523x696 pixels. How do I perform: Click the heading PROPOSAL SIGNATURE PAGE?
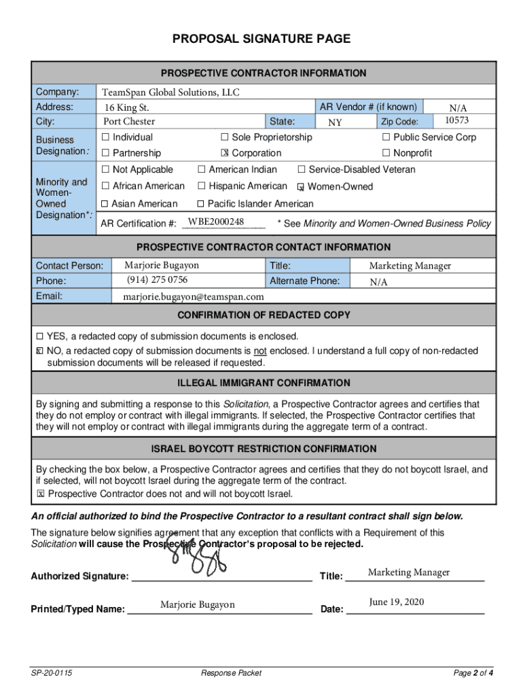[261, 39]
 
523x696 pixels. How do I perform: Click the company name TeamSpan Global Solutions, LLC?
[170, 92]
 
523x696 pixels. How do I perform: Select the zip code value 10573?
[456, 120]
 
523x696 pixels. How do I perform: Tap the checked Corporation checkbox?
[225, 153]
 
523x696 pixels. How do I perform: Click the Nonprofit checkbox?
[386, 153]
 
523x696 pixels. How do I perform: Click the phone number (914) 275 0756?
[157, 280]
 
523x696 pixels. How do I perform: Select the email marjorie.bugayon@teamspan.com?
[193, 297]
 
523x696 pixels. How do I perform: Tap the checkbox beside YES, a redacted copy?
[39, 336]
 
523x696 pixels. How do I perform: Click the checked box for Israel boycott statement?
[40, 494]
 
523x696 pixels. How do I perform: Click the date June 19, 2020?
[397, 602]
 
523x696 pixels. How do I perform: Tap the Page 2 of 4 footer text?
[473, 673]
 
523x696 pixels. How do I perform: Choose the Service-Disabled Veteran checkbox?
[302, 169]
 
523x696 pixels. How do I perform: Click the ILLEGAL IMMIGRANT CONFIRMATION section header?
[264, 383]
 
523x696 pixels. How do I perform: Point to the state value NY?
[335, 123]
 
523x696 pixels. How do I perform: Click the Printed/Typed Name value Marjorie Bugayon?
[197, 604]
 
